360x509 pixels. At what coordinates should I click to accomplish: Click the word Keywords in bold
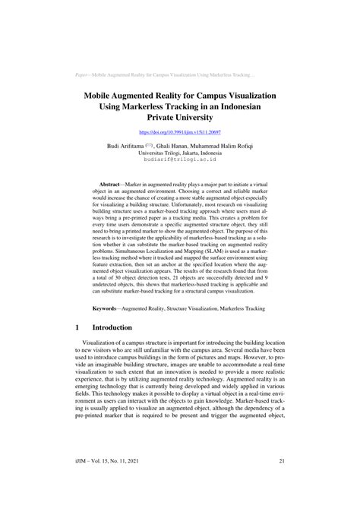[x=109, y=309]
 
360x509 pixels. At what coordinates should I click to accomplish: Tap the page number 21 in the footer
[x=282, y=482]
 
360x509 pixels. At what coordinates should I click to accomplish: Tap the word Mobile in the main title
[x=106, y=98]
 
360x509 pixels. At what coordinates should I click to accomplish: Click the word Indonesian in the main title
[x=240, y=109]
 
